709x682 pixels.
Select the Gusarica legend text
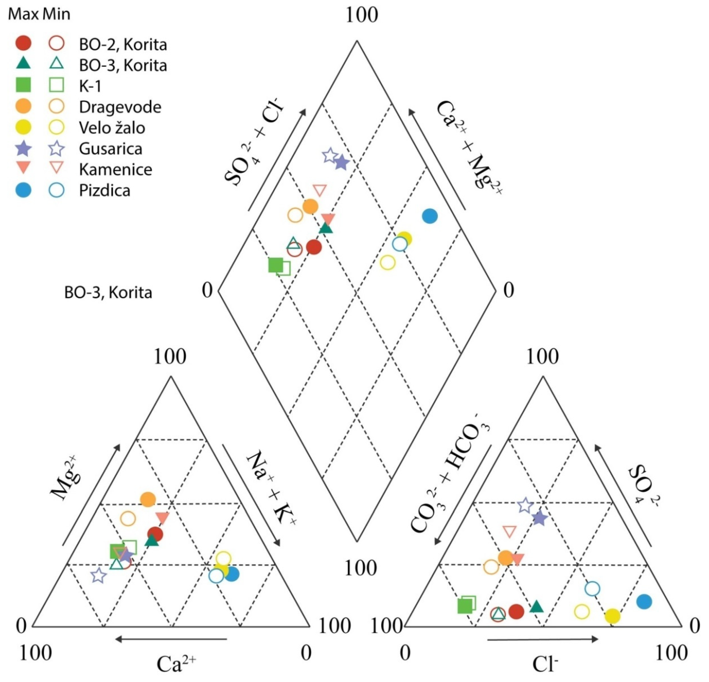110,149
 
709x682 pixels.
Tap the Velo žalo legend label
112,128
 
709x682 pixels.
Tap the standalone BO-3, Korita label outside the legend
108,293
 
